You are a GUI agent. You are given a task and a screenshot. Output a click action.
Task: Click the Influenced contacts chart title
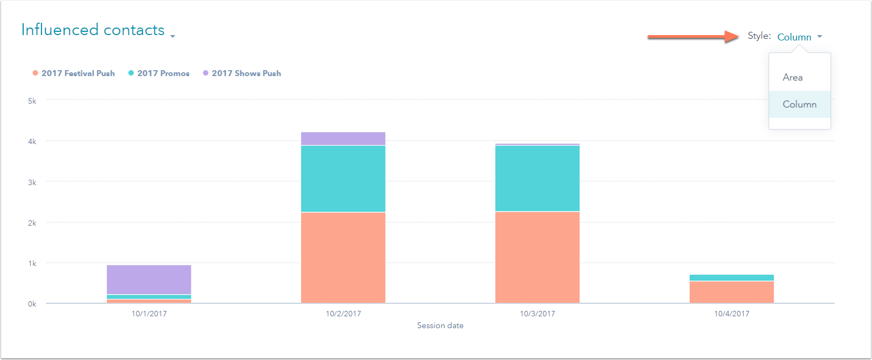93,30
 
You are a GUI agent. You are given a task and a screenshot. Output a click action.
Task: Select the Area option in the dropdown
793,77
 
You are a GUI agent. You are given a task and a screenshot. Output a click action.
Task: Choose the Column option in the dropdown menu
799,104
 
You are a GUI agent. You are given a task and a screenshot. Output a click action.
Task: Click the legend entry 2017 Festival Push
78,73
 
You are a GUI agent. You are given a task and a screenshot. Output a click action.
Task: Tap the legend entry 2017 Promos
163,73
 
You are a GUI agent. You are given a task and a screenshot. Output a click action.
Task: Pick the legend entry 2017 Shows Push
246,73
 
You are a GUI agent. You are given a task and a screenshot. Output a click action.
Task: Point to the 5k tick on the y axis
32,101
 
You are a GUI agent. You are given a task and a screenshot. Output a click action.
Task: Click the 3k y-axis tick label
32,182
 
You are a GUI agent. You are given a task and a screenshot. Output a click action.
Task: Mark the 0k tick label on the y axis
32,304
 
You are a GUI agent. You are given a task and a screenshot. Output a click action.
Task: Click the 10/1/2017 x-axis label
149,314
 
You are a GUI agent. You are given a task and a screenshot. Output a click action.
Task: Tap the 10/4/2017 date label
732,314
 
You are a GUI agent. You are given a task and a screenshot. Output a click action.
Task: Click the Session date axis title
440,325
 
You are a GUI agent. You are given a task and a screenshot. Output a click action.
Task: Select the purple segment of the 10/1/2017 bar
149,280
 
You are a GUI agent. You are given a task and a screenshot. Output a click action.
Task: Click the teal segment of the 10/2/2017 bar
343,179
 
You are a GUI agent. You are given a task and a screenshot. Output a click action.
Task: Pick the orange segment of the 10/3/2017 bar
537,257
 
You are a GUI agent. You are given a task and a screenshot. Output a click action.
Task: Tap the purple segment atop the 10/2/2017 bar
343,139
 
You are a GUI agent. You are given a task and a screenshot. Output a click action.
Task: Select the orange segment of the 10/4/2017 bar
732,292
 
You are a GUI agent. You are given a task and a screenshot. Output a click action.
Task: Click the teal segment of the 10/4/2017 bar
732,278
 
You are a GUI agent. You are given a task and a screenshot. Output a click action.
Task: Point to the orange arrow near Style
693,37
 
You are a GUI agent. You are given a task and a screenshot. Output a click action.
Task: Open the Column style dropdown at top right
799,37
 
